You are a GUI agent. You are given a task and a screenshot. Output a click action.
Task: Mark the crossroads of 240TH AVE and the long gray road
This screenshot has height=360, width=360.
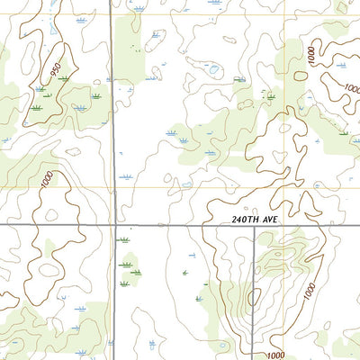click(x=114, y=225)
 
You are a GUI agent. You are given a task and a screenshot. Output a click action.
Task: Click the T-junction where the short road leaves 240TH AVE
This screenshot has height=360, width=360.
click(x=254, y=225)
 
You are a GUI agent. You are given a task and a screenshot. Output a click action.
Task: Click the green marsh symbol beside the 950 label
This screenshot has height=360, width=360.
click(x=63, y=79)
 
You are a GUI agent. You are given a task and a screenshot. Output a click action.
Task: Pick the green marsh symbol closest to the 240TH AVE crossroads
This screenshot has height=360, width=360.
click(x=123, y=240)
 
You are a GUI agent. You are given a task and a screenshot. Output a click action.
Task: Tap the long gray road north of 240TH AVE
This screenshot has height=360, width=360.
click(x=113, y=117)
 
